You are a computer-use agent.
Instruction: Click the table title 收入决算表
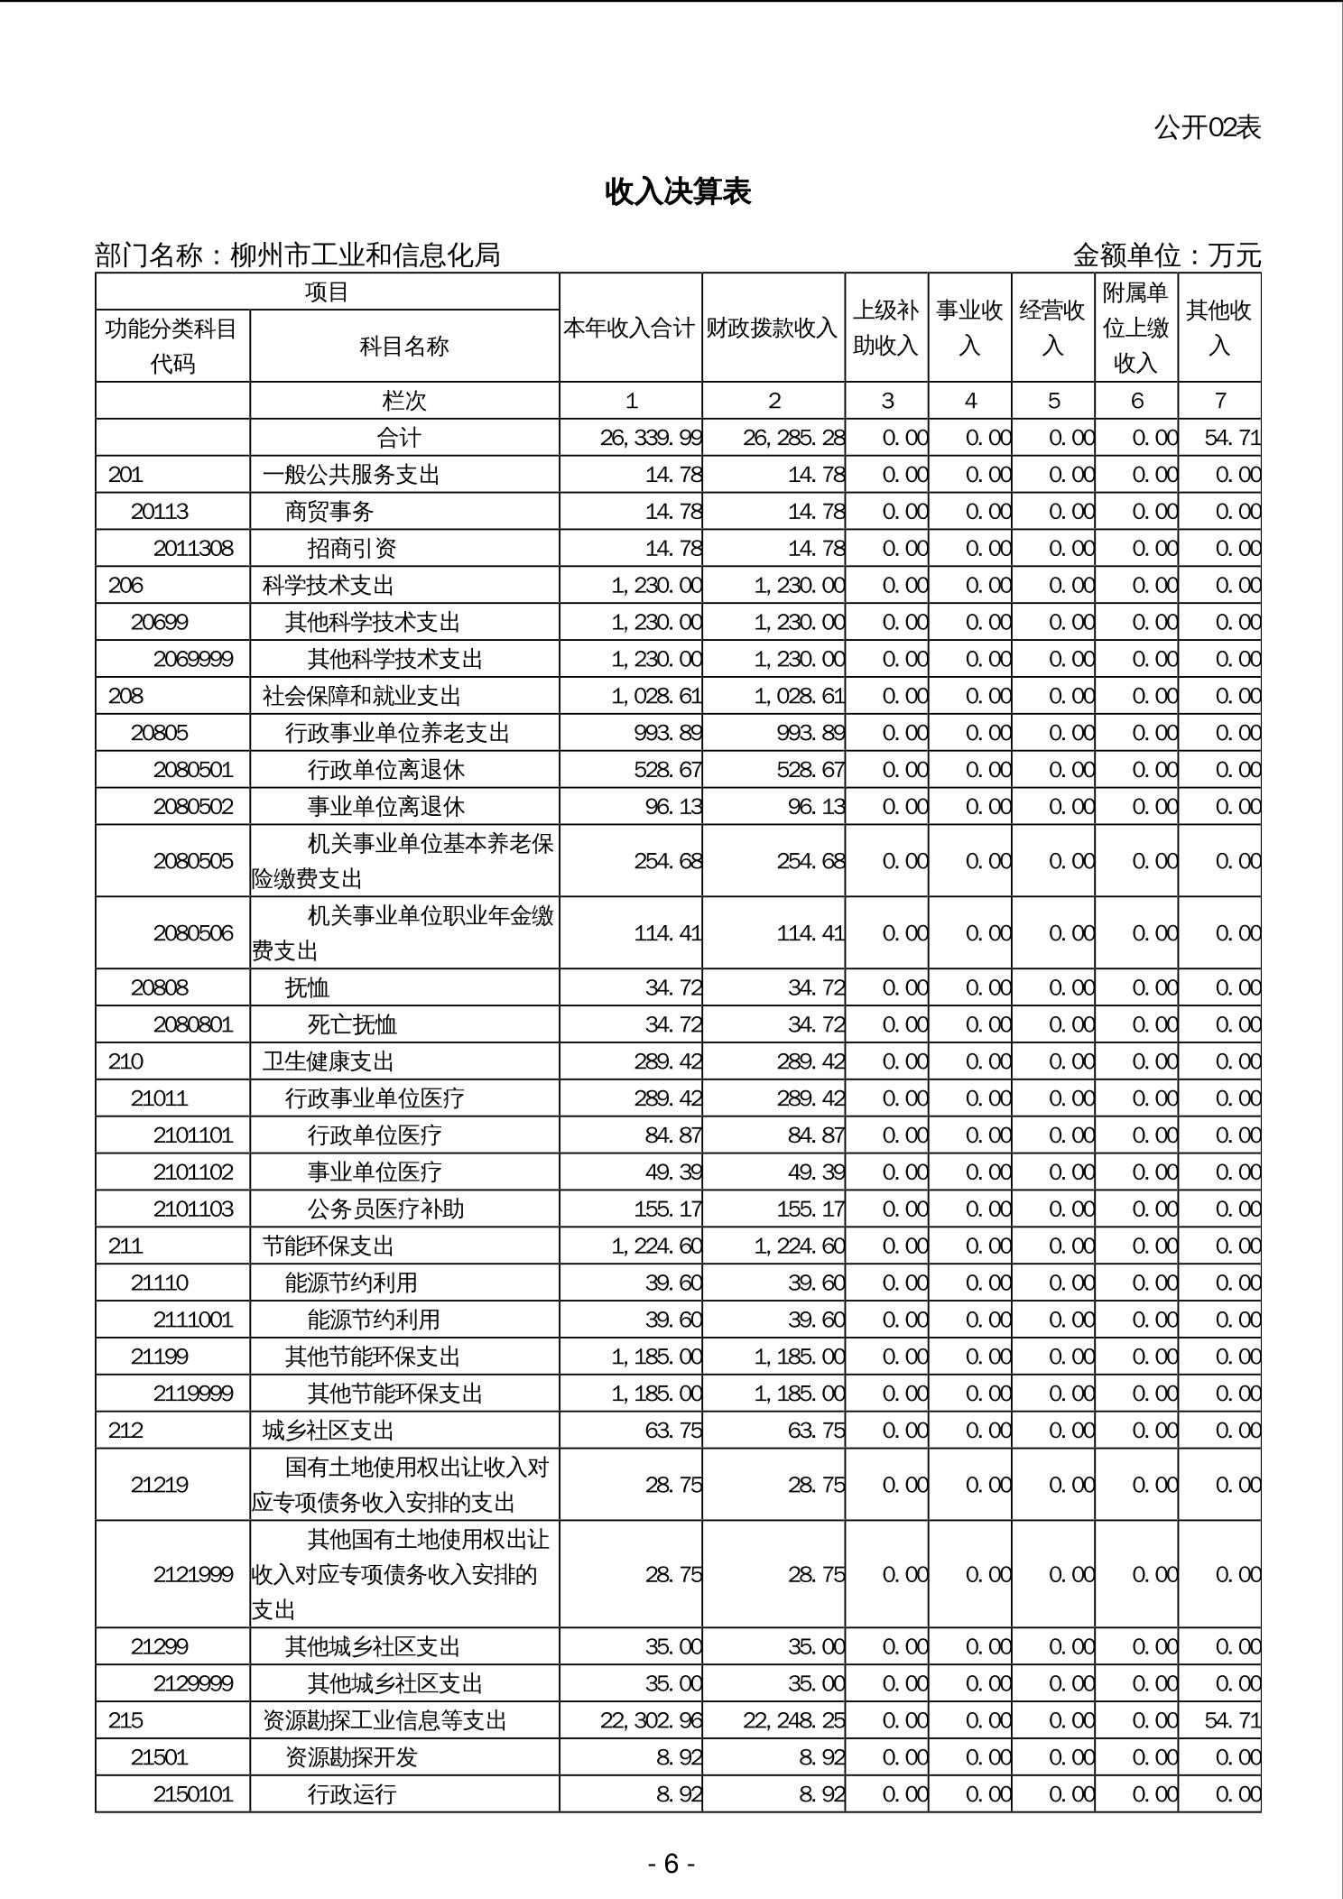tap(678, 192)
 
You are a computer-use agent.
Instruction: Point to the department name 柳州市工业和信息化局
tap(365, 255)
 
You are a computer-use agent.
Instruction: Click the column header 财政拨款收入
tap(773, 328)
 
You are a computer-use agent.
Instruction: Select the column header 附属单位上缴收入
tap(1135, 328)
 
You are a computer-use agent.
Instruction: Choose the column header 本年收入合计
tap(630, 328)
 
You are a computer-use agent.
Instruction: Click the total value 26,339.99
tap(651, 438)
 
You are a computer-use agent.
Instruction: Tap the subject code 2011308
tap(193, 549)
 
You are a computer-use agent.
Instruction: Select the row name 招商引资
tap(352, 549)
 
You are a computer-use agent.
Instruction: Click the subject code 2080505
tap(193, 861)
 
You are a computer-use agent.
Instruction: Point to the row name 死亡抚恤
tap(352, 1024)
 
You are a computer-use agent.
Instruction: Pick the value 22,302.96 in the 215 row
tap(651, 1720)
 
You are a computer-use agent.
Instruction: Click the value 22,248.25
tap(794, 1720)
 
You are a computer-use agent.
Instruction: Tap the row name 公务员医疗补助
tap(385, 1209)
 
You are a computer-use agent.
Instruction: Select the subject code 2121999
tap(193, 1575)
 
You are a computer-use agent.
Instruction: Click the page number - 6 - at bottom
tap(671, 1864)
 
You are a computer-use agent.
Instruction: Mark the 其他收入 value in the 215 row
tap(1232, 1720)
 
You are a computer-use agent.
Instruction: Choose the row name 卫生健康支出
tap(329, 1061)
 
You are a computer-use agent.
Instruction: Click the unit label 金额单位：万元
tap(1166, 255)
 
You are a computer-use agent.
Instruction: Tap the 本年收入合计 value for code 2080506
tap(667, 933)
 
